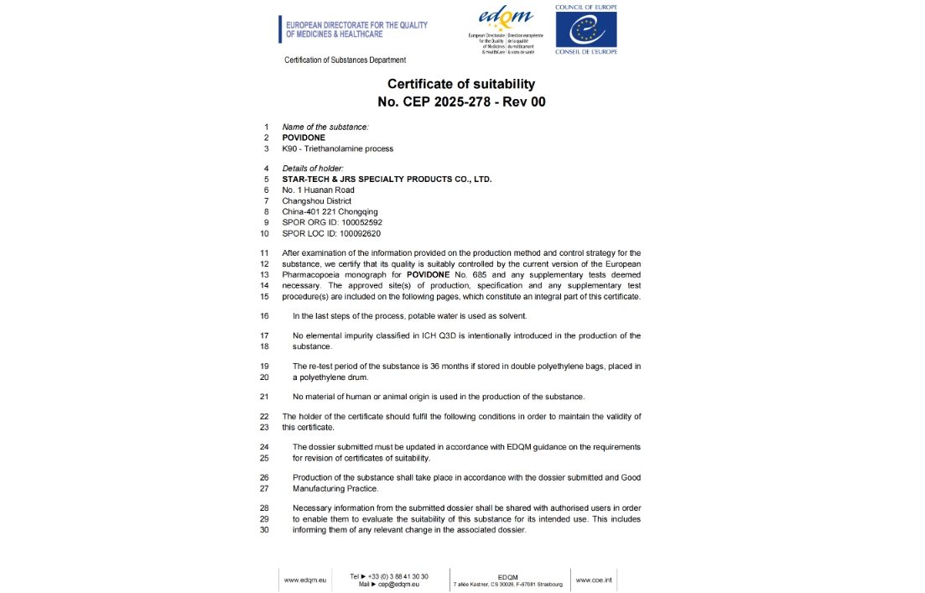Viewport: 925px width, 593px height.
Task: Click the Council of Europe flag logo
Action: [585, 30]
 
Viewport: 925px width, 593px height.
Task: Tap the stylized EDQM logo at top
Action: [505, 19]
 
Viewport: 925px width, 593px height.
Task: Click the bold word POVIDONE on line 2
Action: [304, 138]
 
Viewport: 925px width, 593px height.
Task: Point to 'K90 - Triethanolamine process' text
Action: [337, 148]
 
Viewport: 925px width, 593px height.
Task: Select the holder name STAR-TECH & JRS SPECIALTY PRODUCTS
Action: [387, 179]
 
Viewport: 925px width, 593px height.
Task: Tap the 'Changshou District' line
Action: [316, 200]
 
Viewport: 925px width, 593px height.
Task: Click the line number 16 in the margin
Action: [264, 316]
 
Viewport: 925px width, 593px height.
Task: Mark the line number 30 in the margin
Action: [264, 530]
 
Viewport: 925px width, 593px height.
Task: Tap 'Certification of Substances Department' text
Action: [345, 60]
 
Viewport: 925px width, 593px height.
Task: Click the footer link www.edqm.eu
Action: [304, 580]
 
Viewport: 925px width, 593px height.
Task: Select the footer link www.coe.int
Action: [594, 580]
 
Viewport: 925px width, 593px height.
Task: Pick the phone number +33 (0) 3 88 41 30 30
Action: [399, 576]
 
